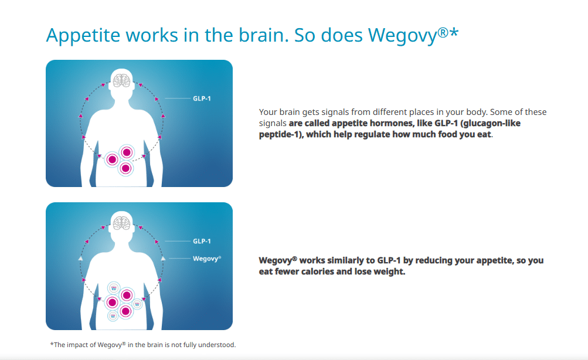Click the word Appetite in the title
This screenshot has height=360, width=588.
83,36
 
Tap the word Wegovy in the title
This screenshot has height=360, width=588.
403,36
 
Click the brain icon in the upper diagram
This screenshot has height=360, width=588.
121,80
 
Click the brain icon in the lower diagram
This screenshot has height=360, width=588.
121,223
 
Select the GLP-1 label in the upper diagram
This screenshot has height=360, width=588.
202,99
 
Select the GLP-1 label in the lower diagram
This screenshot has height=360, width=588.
202,241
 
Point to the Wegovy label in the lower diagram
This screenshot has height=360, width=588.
206,259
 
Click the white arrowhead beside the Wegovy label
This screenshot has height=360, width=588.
163,258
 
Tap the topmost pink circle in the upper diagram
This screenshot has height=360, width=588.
127,152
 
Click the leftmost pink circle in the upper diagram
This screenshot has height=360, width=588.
112,159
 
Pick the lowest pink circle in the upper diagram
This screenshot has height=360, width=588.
125,168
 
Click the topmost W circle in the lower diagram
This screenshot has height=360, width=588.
114,288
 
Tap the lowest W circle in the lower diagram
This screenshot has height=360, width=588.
113,316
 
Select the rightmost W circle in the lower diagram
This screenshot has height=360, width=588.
137,304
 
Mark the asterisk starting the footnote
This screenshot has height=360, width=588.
52,344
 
